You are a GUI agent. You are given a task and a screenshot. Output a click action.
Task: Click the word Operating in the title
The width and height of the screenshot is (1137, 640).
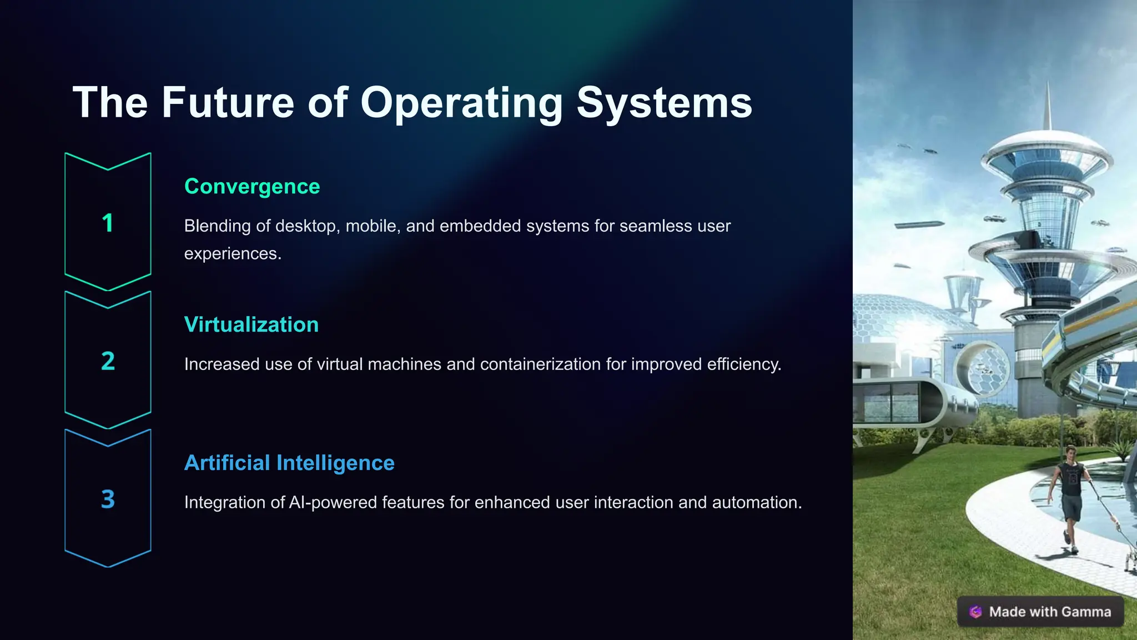462,103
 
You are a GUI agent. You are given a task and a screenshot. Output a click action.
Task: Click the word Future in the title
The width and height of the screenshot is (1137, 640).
228,103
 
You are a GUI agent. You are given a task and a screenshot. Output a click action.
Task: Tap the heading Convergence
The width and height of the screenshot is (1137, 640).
252,187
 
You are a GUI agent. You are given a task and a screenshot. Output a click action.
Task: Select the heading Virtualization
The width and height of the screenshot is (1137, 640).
251,325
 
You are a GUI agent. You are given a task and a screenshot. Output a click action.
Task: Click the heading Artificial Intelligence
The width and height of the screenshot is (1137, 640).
289,463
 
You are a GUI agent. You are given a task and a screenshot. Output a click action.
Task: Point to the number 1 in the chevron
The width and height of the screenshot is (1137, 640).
108,223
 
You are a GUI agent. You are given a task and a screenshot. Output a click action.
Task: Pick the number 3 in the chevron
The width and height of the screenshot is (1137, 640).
108,499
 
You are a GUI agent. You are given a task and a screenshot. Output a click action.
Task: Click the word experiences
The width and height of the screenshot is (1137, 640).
232,254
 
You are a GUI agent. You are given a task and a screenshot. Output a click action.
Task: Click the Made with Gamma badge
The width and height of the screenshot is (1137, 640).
1040,612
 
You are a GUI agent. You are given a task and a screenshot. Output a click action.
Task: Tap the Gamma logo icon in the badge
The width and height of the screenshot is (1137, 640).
975,612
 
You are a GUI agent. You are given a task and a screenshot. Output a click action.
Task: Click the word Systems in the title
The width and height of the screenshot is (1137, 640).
664,103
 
